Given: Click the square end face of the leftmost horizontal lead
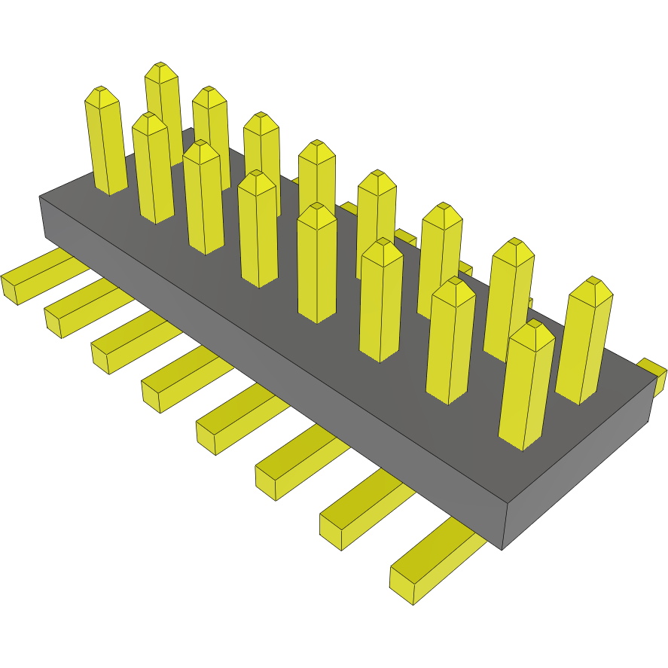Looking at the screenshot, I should pos(9,289).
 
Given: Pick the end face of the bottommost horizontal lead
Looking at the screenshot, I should pos(401,587).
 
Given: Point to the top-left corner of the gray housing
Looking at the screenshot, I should pos(40,197).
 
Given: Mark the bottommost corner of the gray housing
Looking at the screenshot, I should pos(502,549).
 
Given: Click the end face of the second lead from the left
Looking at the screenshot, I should pos(53,322).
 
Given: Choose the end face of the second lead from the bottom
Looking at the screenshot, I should pos(331,531).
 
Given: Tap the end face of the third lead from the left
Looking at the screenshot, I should pos(100,358).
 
